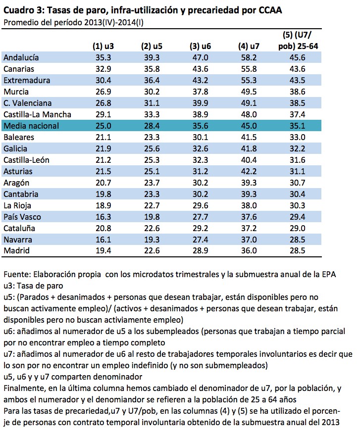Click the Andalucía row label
click(x=21, y=57)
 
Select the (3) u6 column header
click(x=200, y=46)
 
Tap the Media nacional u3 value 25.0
click(x=103, y=126)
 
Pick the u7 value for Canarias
click(x=249, y=69)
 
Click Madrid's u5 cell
click(x=152, y=251)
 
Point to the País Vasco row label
click(x=22, y=217)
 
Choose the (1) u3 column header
click(x=103, y=46)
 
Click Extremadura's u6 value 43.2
click(x=200, y=80)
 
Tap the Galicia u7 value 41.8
click(x=249, y=148)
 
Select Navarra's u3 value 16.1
click(x=103, y=240)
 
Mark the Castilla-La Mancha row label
click(x=37, y=114)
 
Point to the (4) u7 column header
click(x=249, y=46)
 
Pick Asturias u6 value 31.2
click(x=200, y=171)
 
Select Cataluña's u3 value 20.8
click(x=103, y=228)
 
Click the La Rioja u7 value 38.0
click(x=249, y=205)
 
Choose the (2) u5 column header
click(x=152, y=46)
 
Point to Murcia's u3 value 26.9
click(x=103, y=92)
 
